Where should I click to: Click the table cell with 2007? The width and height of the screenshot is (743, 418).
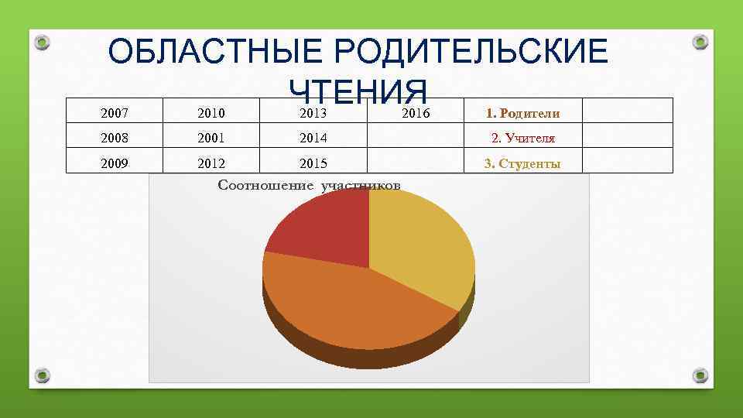click(x=115, y=114)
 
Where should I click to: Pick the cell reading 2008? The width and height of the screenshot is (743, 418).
click(x=115, y=139)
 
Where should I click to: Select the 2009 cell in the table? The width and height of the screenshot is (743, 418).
click(x=115, y=163)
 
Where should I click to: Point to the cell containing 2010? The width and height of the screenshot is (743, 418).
click(x=211, y=114)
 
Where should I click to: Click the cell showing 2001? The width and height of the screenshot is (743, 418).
click(x=211, y=139)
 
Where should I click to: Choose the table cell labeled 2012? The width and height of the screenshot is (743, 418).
click(x=211, y=163)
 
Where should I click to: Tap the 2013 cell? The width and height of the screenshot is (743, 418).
click(x=313, y=114)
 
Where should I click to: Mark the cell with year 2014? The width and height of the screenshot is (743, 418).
click(x=313, y=139)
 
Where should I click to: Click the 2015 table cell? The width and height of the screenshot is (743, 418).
click(x=313, y=163)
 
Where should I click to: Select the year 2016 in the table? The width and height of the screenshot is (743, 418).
click(x=416, y=114)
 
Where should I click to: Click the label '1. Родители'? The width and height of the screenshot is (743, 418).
click(x=522, y=114)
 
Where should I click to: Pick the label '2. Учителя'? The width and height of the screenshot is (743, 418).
click(x=522, y=139)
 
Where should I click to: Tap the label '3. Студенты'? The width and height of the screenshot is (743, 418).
click(x=522, y=163)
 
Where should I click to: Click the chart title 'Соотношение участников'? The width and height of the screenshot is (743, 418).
click(x=310, y=185)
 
